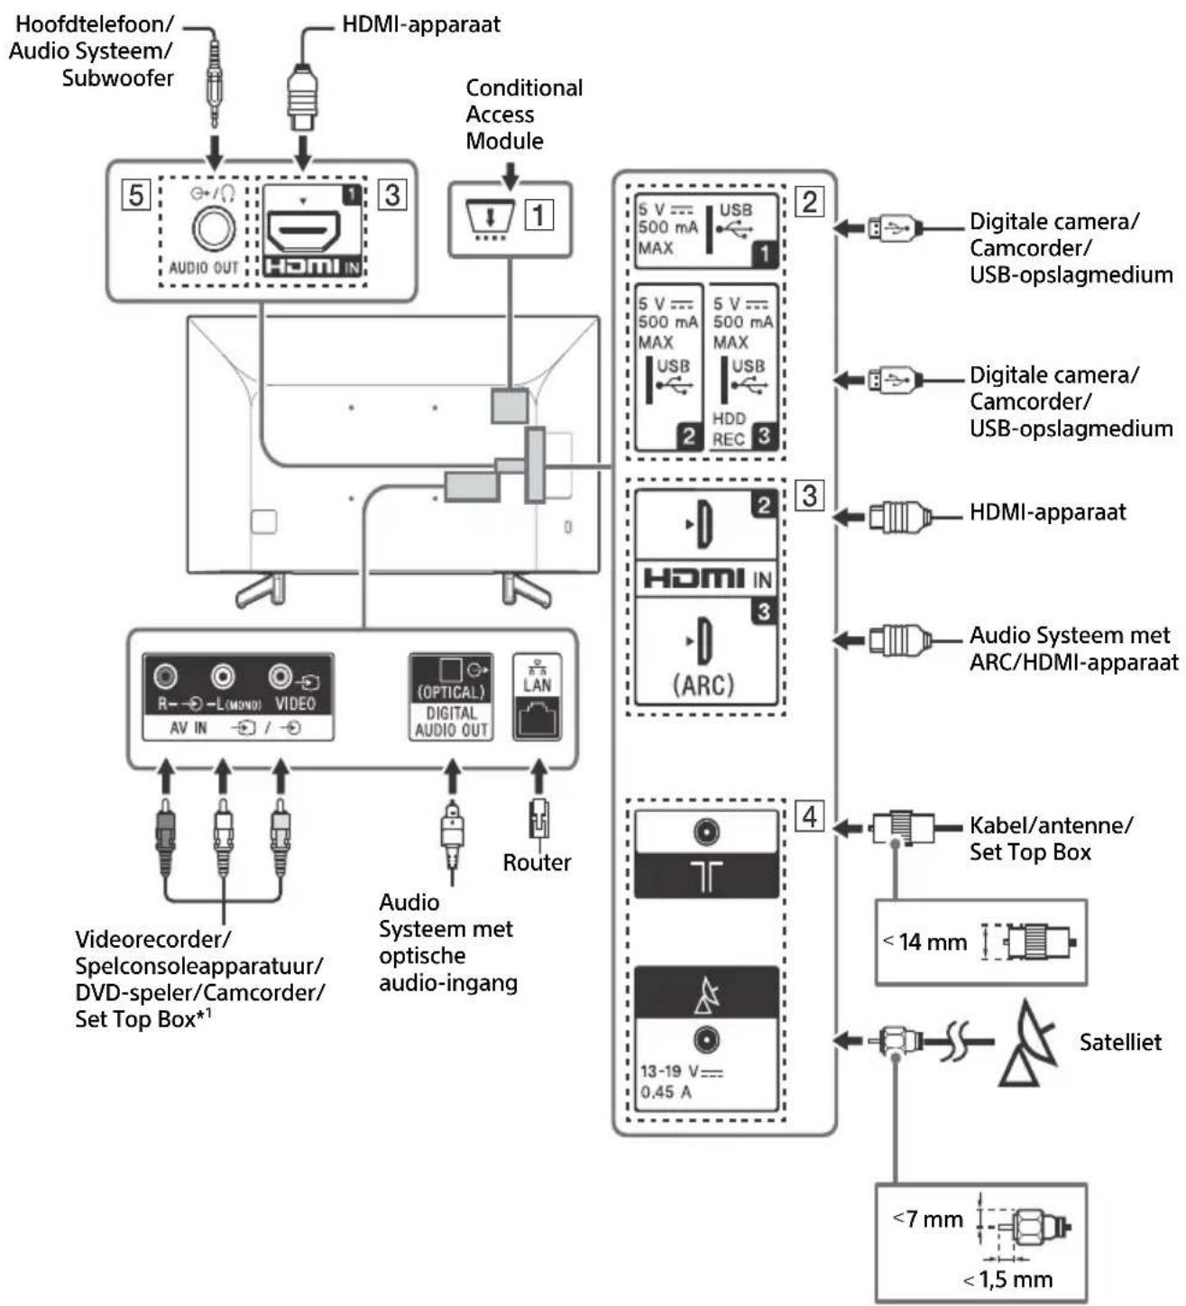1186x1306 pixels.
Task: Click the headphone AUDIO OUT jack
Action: click(x=213, y=229)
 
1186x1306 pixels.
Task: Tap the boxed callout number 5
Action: click(x=135, y=195)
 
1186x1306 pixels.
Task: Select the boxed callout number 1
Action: click(x=538, y=215)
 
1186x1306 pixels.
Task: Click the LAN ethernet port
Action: click(x=537, y=718)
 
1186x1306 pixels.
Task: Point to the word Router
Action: click(x=537, y=862)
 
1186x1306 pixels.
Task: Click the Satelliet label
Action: click(x=1120, y=1042)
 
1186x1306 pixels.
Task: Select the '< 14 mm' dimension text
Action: click(x=924, y=942)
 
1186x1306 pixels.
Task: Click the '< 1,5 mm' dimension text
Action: click(x=1007, y=1279)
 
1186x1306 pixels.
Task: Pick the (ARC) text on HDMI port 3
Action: click(x=703, y=685)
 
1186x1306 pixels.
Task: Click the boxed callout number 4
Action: click(x=809, y=815)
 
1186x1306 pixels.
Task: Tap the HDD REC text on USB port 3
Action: click(x=729, y=429)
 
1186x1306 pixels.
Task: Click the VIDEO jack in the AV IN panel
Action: click(x=280, y=676)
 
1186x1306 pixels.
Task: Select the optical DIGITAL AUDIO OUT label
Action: click(x=451, y=721)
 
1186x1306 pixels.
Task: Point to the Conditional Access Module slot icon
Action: click(x=490, y=219)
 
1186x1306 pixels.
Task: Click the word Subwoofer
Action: click(x=118, y=78)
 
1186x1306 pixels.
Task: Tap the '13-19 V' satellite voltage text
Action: click(x=681, y=1071)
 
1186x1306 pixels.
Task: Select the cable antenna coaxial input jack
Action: click(x=707, y=832)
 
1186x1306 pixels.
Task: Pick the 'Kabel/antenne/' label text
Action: click(x=1052, y=825)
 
